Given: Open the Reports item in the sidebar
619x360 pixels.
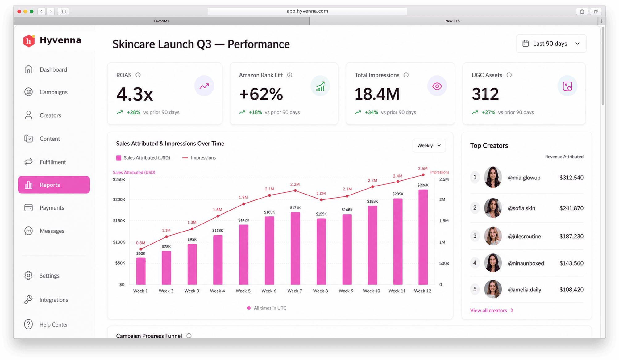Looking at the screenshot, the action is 54,185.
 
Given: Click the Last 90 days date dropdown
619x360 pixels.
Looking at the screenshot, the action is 551,44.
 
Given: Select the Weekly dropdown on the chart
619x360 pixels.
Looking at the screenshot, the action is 429,145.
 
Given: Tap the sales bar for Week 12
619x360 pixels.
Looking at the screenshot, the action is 423,237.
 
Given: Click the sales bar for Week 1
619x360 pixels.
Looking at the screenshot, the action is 141,271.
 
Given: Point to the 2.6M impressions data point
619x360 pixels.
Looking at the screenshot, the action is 423,175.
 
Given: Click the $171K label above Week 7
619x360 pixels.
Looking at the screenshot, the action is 295,208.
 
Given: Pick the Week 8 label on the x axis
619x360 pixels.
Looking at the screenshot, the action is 320,291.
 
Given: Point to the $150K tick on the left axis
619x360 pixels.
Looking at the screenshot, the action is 119,220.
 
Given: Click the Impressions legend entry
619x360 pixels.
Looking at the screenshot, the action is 199,158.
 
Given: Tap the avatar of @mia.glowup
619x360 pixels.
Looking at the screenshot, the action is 493,177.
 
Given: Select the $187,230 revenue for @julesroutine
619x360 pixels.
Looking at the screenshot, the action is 571,236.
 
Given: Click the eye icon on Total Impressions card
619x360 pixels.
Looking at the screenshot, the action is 437,86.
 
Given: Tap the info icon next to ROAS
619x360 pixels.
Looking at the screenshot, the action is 138,75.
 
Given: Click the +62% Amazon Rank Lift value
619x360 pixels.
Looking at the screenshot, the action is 261,94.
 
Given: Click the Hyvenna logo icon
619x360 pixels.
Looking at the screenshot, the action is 29,41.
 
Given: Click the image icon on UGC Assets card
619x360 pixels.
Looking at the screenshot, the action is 567,86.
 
